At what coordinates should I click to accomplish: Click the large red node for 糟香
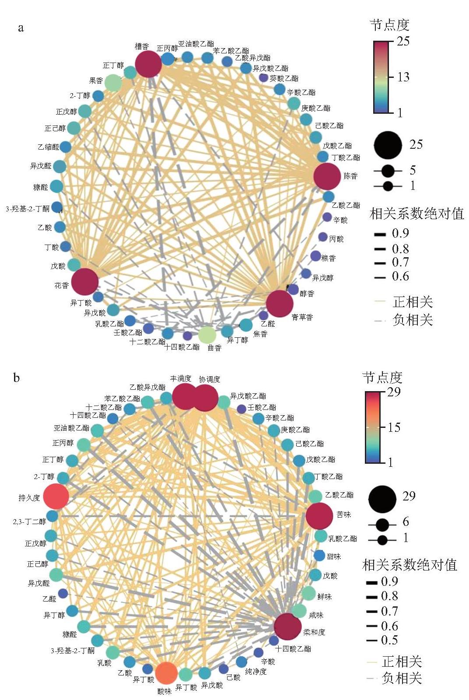tap(148, 64)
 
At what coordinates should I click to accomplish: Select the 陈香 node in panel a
tap(327, 176)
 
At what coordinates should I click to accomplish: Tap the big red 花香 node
tap(85, 282)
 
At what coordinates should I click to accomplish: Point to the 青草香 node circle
tap(280, 304)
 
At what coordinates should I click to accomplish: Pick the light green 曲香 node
tap(207, 335)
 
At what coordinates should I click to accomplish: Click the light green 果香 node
tap(113, 83)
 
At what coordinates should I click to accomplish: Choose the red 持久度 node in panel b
tap(56, 497)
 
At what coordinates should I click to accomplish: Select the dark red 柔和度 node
tap(287, 626)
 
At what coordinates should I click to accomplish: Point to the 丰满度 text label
tap(181, 379)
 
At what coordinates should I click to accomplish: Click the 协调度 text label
tap(210, 379)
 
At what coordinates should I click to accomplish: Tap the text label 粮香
tap(329, 258)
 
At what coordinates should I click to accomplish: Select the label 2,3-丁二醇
tap(29, 521)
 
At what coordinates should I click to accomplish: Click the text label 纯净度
tap(255, 671)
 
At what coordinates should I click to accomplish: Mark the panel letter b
tap(16, 378)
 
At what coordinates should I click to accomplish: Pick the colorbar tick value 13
tap(403, 77)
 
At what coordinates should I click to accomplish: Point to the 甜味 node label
tap(334, 556)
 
